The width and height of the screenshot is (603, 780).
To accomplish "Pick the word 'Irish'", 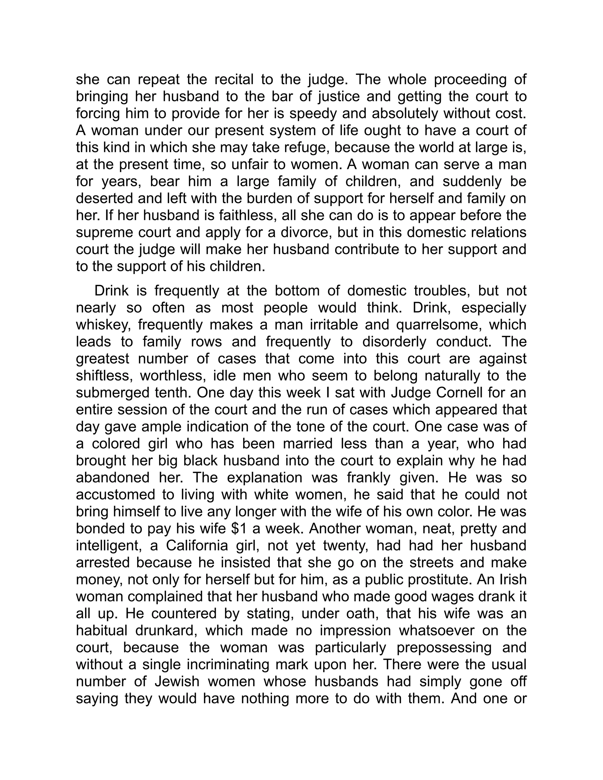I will pyautogui.click(x=511, y=580).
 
